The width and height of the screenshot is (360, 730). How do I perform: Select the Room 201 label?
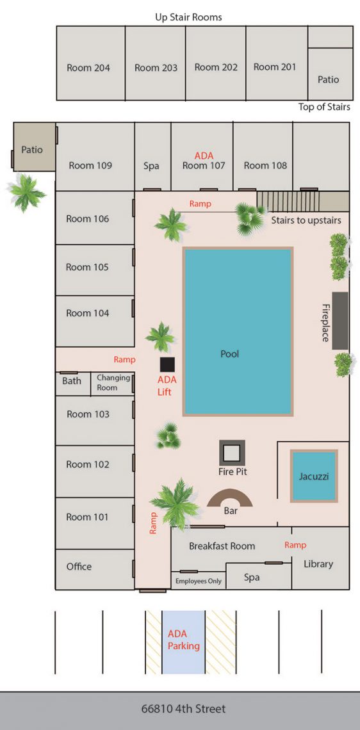pyautogui.click(x=275, y=67)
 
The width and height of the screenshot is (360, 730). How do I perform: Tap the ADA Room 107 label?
pyautogui.click(x=204, y=161)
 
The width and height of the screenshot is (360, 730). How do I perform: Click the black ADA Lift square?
pyautogui.click(x=167, y=364)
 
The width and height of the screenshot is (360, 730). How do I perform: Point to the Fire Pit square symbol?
pyautogui.click(x=232, y=453)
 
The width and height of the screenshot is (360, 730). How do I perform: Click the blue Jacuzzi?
pyautogui.click(x=314, y=476)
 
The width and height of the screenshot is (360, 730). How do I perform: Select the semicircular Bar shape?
pyautogui.click(x=229, y=499)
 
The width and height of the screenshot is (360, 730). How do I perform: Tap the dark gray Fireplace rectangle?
pyautogui.click(x=340, y=321)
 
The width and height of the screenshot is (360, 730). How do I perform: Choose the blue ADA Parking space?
pyautogui.click(x=183, y=641)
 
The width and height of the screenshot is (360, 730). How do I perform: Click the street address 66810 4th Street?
pyautogui.click(x=183, y=709)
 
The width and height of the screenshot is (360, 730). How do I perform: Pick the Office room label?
pyautogui.click(x=79, y=567)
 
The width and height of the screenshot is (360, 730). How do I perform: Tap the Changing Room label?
pyautogui.click(x=113, y=382)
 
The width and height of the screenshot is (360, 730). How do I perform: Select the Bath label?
pyautogui.click(x=72, y=381)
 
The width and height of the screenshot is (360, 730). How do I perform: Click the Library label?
pyautogui.click(x=318, y=564)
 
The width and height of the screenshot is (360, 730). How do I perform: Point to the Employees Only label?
pyautogui.click(x=199, y=581)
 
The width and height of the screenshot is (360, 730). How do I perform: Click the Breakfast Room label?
pyautogui.click(x=222, y=546)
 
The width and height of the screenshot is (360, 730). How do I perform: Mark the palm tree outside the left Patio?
pyautogui.click(x=26, y=192)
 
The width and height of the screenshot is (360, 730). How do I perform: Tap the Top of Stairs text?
pyautogui.click(x=324, y=107)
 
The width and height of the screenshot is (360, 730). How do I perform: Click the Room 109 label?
pyautogui.click(x=90, y=165)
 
